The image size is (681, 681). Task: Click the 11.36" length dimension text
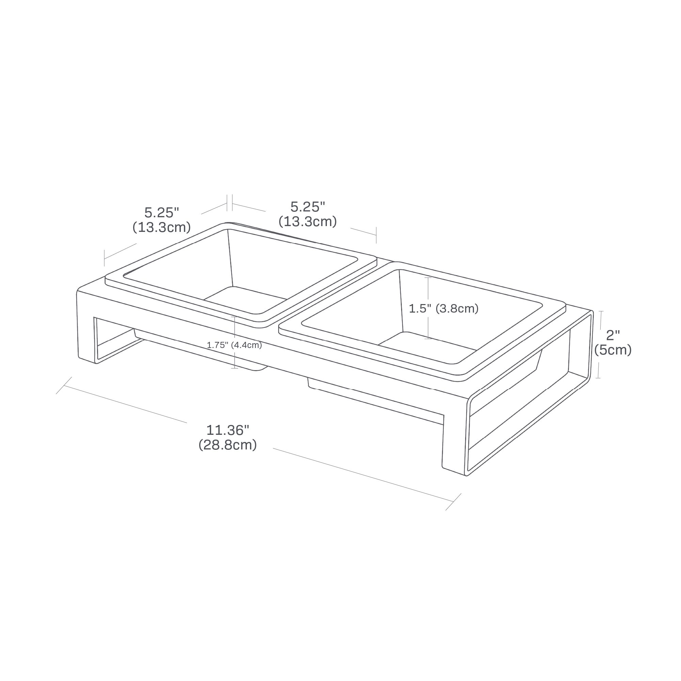click(x=228, y=430)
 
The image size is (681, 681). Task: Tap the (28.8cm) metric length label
click(x=228, y=445)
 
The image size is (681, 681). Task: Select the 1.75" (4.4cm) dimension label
click(x=234, y=345)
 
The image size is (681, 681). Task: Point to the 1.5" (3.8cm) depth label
click(x=443, y=309)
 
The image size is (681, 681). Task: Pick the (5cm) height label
click(x=613, y=350)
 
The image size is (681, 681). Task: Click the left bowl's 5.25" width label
click(x=162, y=212)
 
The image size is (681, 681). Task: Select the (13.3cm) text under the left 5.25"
click(x=162, y=227)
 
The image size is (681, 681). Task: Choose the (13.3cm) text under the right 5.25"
click(x=307, y=222)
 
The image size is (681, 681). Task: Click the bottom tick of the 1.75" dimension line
click(x=234, y=368)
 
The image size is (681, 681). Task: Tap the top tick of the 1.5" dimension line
click(x=428, y=278)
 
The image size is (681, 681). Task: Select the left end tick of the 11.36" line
click(x=64, y=385)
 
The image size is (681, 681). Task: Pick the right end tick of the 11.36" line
click(x=453, y=501)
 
